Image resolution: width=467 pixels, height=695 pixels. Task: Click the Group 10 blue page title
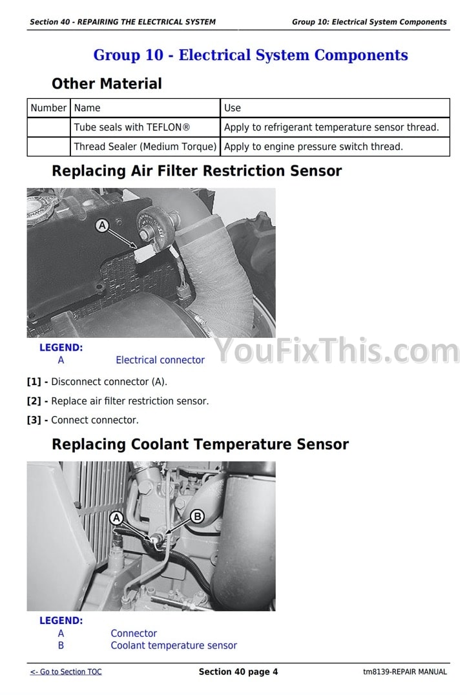(x=251, y=55)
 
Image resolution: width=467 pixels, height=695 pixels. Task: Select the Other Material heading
(x=107, y=83)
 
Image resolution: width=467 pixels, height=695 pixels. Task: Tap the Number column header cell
(x=48, y=108)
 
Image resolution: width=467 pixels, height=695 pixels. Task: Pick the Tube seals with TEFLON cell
(x=145, y=127)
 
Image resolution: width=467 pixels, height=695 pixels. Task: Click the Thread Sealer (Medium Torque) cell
(x=145, y=146)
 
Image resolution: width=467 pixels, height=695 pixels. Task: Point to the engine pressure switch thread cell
(x=335, y=146)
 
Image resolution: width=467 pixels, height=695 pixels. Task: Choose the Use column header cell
(x=335, y=108)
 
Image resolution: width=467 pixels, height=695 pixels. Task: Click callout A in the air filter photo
(x=102, y=225)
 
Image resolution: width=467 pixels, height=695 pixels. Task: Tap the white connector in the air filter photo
(x=144, y=254)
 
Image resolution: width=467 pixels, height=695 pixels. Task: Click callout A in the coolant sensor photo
(x=116, y=518)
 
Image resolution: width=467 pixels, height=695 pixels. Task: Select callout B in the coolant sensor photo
(x=197, y=516)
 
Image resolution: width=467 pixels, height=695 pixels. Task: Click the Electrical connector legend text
(x=160, y=360)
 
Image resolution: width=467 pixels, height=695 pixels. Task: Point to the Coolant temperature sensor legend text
(x=174, y=645)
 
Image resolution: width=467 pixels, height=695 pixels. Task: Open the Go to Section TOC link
(x=66, y=672)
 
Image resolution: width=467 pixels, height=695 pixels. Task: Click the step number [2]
(x=34, y=400)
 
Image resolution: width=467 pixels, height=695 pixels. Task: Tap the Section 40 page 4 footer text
(x=238, y=672)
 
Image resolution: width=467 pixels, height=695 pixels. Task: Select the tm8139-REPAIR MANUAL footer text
(x=405, y=672)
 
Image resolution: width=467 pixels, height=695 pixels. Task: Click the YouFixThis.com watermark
(x=337, y=351)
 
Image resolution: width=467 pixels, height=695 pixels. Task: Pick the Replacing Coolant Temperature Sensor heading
(x=200, y=444)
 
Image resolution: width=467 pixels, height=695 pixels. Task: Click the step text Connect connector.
(x=95, y=420)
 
